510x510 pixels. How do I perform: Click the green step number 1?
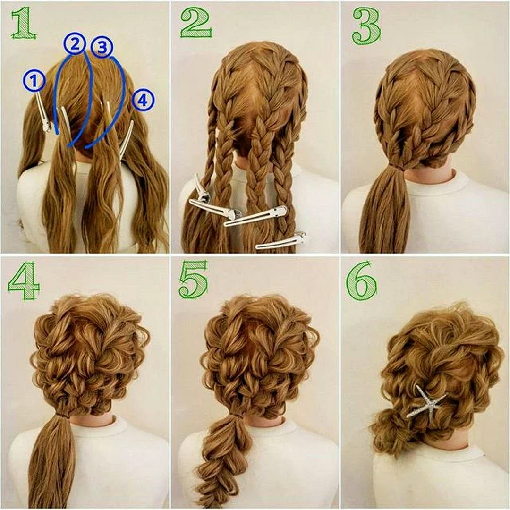[x=23, y=24]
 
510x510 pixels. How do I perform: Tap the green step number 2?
[x=196, y=23]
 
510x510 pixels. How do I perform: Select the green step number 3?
[x=366, y=26]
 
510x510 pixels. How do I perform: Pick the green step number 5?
[x=193, y=280]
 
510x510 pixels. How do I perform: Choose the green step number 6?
[x=362, y=280]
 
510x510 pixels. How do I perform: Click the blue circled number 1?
[x=34, y=81]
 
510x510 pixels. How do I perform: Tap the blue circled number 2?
[x=75, y=44]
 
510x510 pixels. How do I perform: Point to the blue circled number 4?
[x=143, y=101]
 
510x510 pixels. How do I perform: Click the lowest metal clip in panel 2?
[x=280, y=241]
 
